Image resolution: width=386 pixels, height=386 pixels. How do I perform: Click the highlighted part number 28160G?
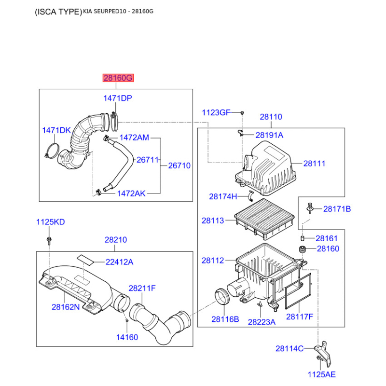(x=118, y=78)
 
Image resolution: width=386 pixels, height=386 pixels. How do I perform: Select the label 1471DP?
(x=118, y=98)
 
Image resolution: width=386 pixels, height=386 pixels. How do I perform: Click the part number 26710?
(x=179, y=165)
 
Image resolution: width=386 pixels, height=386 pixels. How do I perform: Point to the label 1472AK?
(x=131, y=193)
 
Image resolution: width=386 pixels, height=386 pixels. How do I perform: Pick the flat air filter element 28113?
(x=264, y=219)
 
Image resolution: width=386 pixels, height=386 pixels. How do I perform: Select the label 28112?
(x=213, y=260)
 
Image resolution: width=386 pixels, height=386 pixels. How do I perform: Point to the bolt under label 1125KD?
(x=49, y=240)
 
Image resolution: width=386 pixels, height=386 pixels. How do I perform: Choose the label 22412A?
(x=119, y=262)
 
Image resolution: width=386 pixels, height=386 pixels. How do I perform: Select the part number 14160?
(x=127, y=337)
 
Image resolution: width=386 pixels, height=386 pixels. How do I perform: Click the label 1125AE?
(x=321, y=374)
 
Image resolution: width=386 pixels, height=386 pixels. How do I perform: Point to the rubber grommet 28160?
(x=303, y=249)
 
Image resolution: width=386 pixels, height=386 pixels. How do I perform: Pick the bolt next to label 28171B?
(x=310, y=208)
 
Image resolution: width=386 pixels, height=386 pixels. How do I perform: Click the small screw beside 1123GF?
(x=242, y=113)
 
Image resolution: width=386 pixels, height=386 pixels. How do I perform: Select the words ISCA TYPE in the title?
(x=58, y=12)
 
